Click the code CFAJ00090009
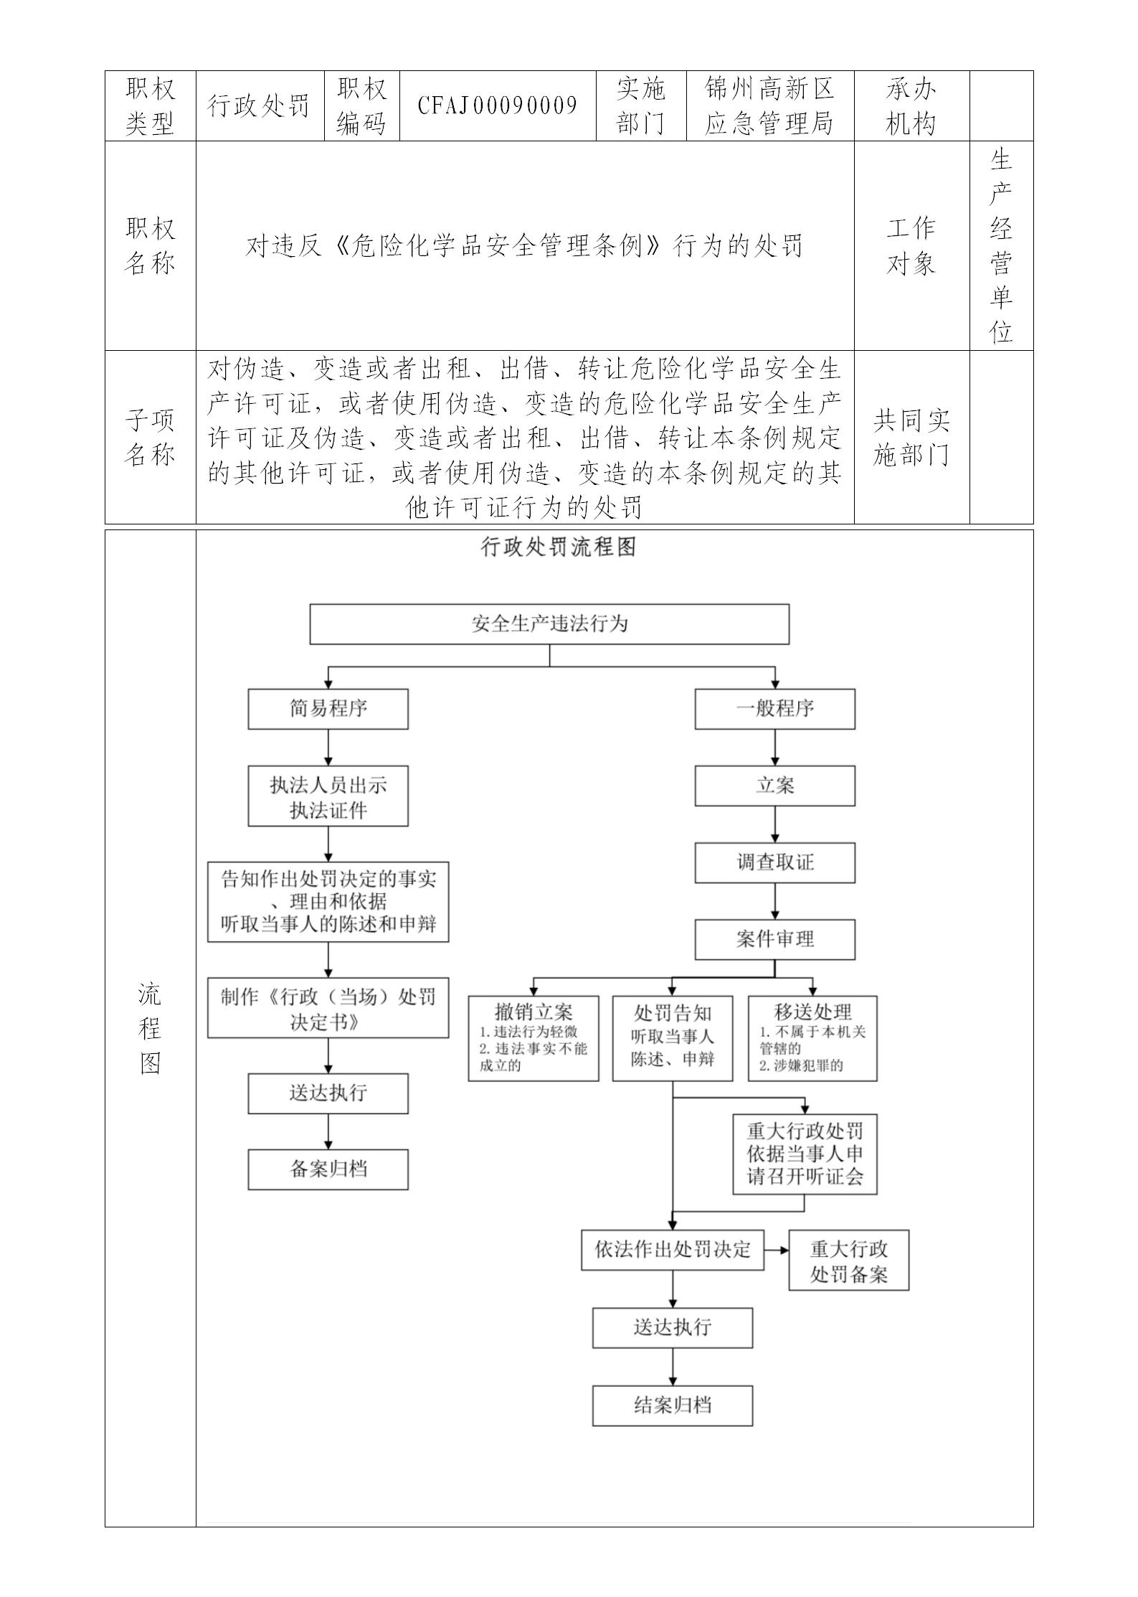coord(498,106)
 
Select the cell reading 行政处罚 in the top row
coord(259,106)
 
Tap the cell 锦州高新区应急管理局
coord(769,106)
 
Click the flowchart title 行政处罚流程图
coord(558,548)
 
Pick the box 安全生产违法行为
coord(549,623)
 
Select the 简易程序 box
coord(328,709)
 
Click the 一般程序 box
coord(774,709)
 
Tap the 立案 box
coord(774,786)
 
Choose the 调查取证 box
coord(774,862)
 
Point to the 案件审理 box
coord(774,939)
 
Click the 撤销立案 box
coord(534,1037)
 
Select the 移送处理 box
coord(812,1037)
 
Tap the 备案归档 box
coord(328,1169)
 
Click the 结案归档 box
coord(672,1405)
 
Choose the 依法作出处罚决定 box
coord(672,1250)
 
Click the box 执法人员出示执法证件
coord(328,796)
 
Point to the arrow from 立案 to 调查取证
coord(774,824)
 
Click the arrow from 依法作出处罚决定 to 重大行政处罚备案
coord(777,1250)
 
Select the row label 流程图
coord(150,1029)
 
